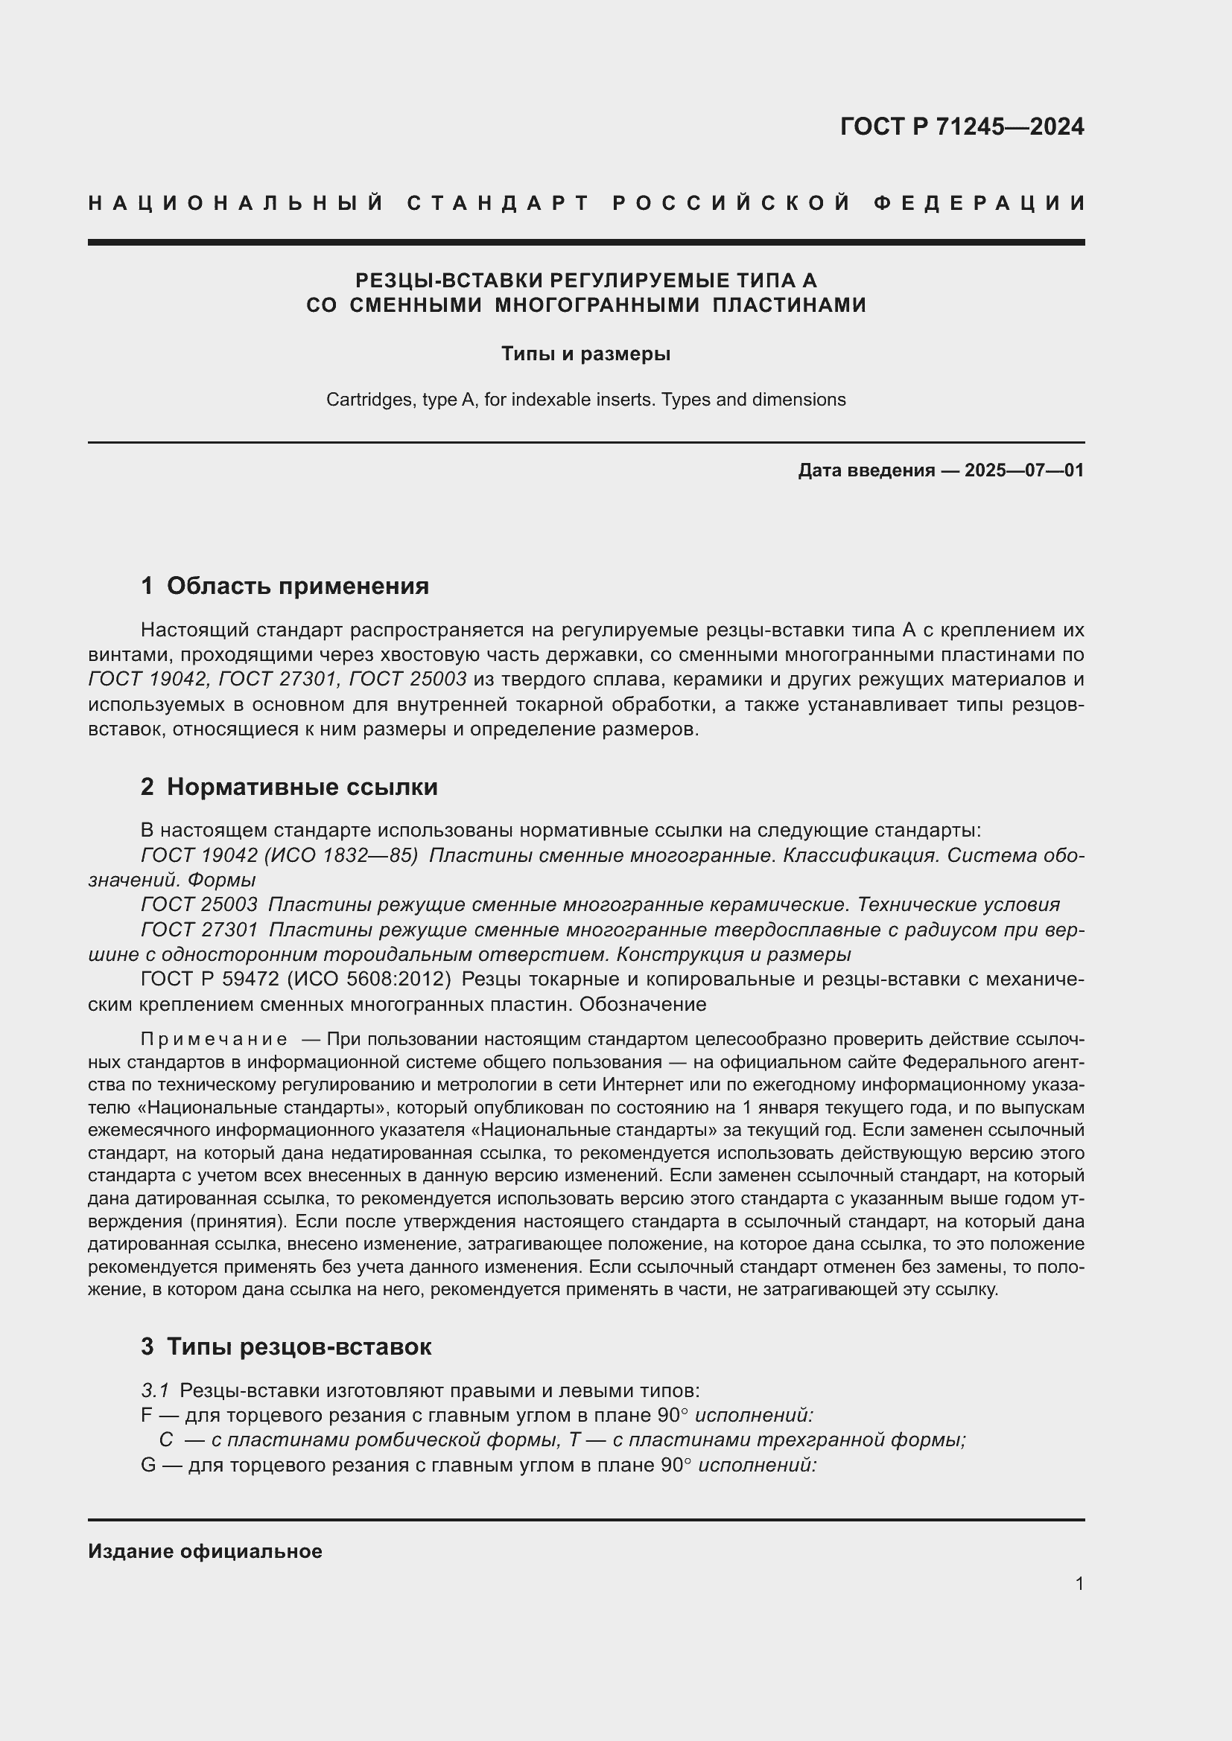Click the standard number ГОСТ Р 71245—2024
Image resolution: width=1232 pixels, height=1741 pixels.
(961, 127)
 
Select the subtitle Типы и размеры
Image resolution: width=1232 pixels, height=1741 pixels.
(585, 354)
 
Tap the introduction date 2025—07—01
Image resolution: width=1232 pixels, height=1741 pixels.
(1023, 471)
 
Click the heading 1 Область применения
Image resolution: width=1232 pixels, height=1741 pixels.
(285, 586)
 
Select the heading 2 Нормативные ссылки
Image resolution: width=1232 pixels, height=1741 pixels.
(289, 787)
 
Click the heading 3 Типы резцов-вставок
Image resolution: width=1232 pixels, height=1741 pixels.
(286, 1347)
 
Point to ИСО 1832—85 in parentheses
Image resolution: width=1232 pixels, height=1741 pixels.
(340, 855)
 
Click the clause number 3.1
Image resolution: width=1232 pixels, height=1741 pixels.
(155, 1390)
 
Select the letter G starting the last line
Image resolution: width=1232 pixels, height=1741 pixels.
(149, 1465)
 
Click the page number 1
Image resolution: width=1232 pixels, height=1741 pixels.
(1079, 1584)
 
